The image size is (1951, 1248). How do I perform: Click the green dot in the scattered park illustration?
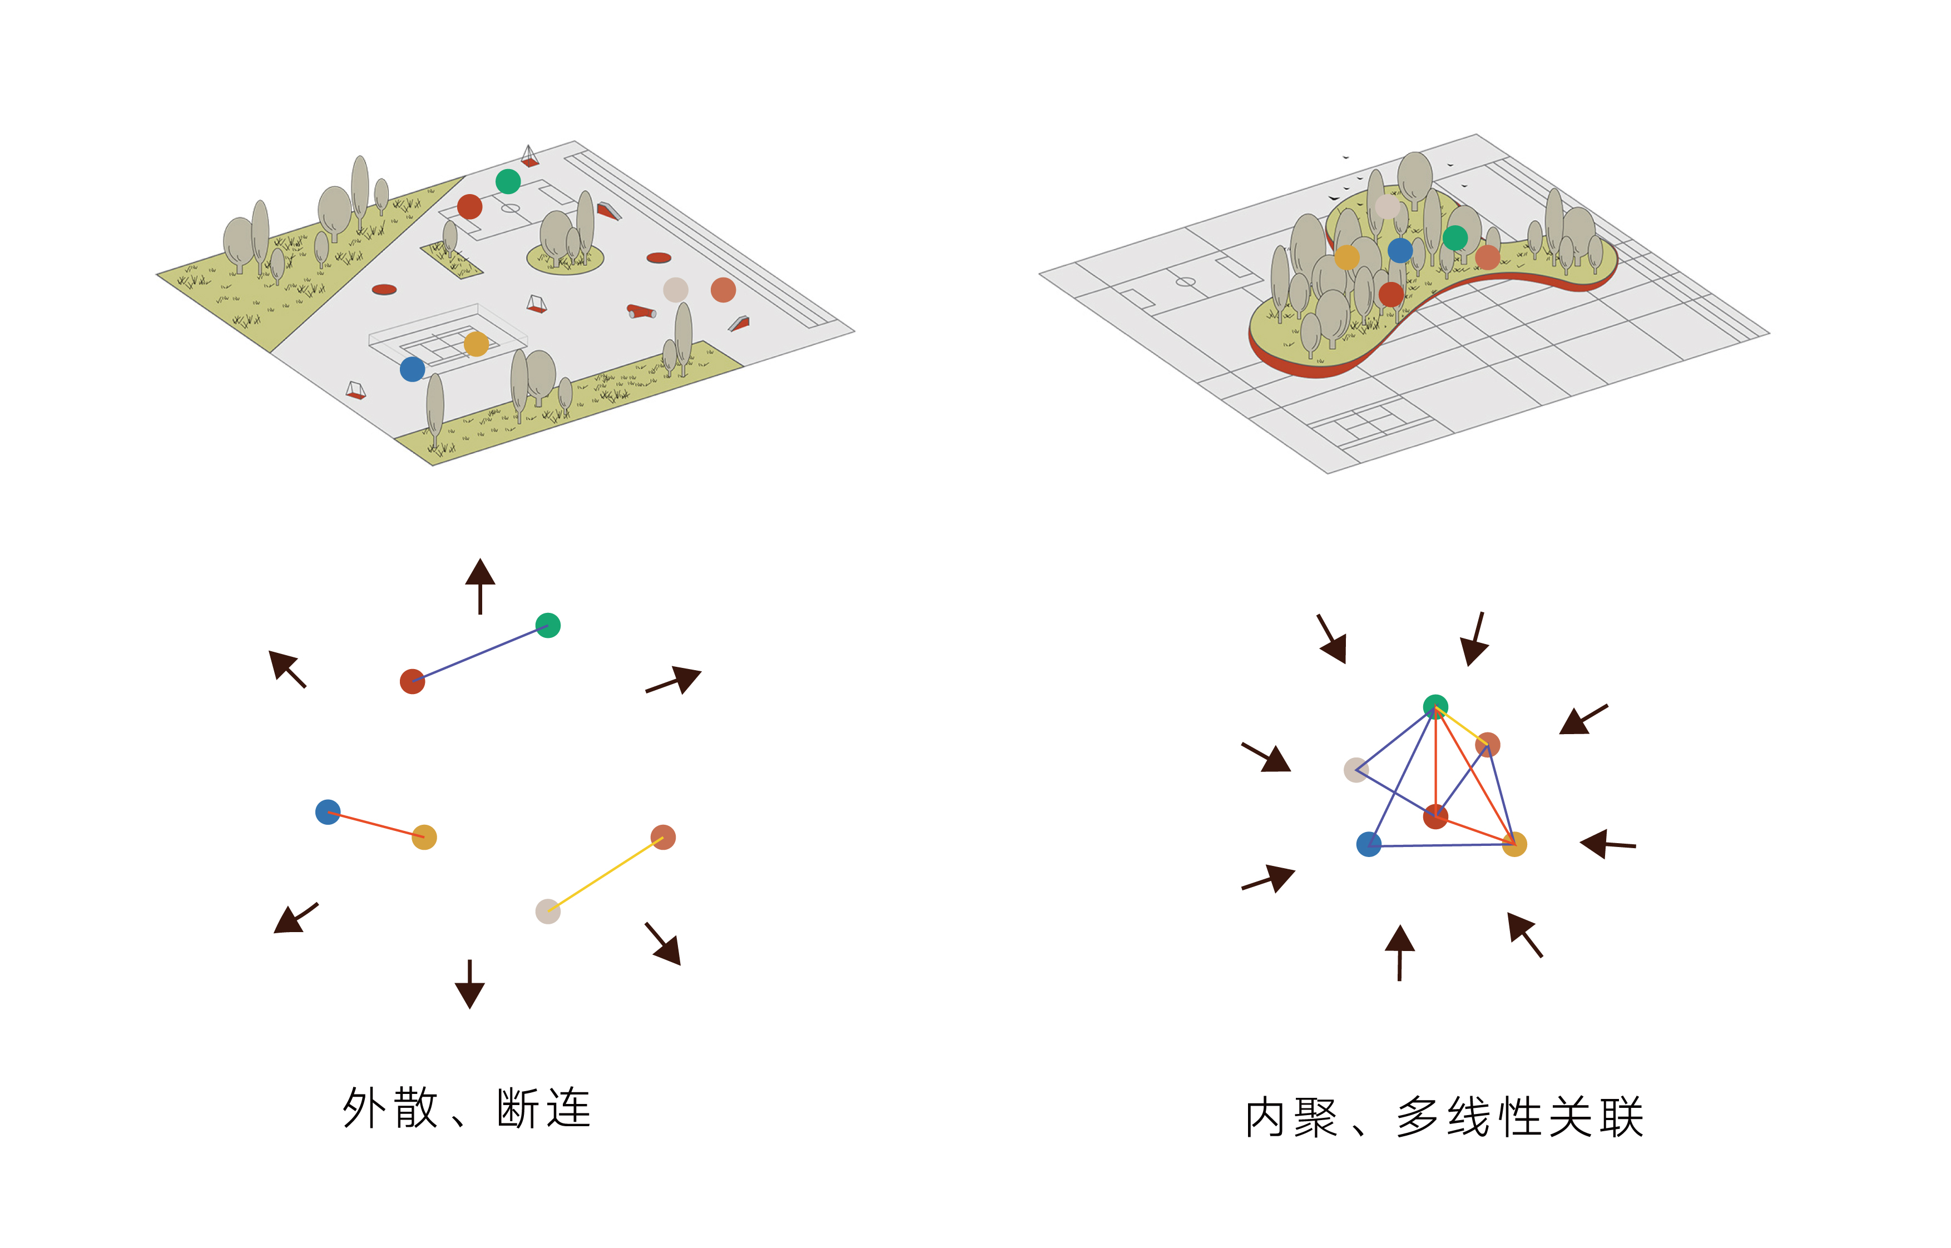point(508,181)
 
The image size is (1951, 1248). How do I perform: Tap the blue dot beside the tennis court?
point(413,369)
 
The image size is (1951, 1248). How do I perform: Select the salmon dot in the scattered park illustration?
point(722,289)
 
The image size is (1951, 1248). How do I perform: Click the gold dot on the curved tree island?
point(1346,257)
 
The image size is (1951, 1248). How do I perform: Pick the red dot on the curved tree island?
point(1391,294)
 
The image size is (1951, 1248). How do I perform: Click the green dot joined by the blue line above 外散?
point(548,626)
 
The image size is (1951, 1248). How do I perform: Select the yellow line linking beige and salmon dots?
point(606,874)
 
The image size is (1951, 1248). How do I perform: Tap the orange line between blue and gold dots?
point(376,824)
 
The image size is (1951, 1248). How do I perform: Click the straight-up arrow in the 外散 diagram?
point(481,585)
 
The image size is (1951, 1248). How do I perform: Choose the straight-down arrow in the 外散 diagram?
point(470,984)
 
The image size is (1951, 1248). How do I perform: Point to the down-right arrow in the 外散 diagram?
point(663,945)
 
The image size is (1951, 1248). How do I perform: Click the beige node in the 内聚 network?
point(1355,770)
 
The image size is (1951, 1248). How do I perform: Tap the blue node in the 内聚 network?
point(1369,844)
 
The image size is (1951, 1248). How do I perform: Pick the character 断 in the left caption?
point(518,1108)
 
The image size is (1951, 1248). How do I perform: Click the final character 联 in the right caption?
point(1621,1118)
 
